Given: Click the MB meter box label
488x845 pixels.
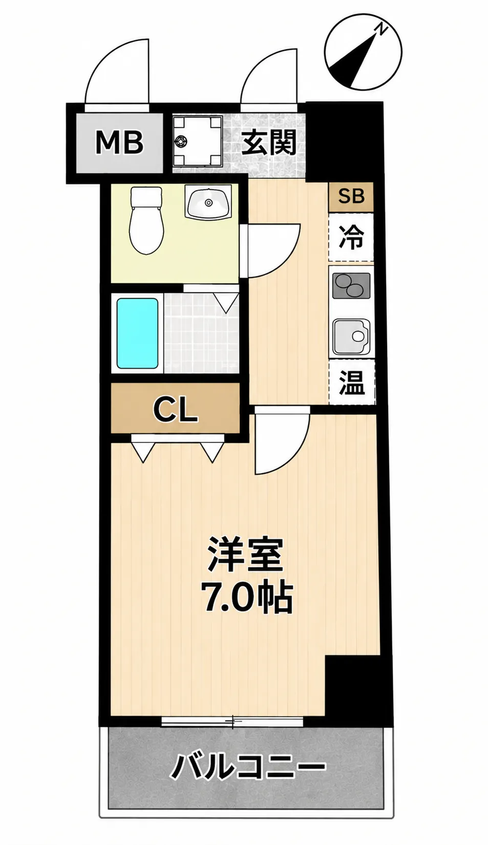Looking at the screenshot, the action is tap(119, 142).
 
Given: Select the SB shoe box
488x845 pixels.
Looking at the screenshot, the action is tap(351, 197).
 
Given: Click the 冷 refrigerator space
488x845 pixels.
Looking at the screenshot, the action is tap(351, 238).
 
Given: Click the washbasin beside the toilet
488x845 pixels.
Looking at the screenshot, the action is tap(208, 203).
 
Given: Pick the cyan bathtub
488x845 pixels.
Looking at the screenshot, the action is tap(137, 333).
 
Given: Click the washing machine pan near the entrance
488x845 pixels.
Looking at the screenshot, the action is tap(197, 141).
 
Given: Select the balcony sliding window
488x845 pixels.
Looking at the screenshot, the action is tap(232, 721).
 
